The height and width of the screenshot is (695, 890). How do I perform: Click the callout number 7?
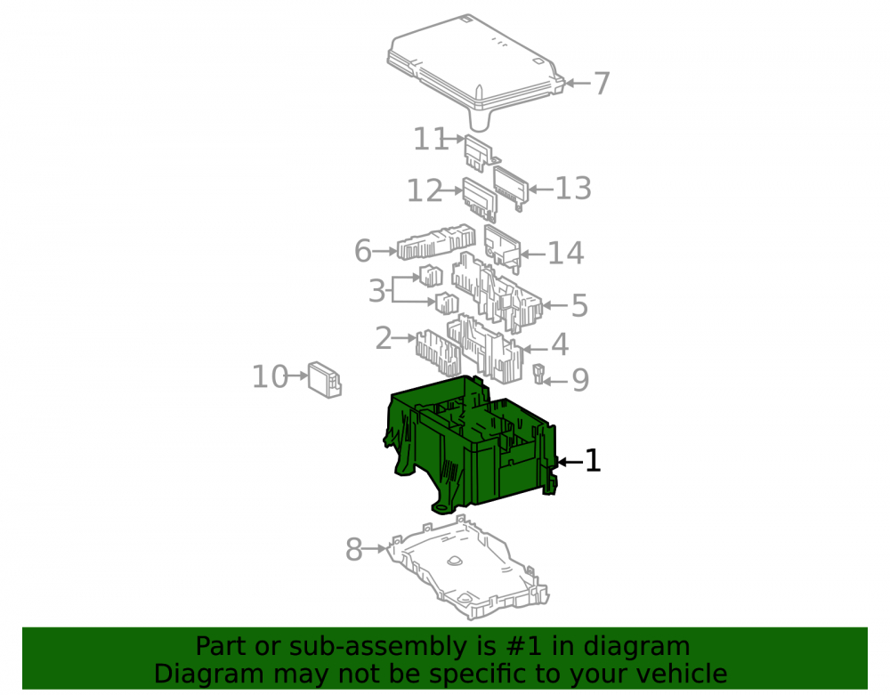tap(601, 84)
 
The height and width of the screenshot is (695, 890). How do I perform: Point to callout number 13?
tap(573, 189)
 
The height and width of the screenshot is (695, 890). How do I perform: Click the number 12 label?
tap(425, 190)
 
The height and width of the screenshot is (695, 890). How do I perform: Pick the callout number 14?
tap(565, 253)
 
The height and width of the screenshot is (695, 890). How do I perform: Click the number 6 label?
tap(363, 251)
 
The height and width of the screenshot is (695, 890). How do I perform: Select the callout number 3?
tap(376, 291)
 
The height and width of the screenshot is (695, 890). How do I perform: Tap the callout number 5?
tap(579, 306)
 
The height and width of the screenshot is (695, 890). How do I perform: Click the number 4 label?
tap(560, 344)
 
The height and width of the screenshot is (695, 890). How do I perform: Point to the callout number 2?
tap(384, 339)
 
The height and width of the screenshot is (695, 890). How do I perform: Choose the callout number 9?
tap(580, 380)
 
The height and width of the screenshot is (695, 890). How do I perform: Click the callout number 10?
tap(270, 376)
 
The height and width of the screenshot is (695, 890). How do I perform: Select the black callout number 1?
tap(593, 461)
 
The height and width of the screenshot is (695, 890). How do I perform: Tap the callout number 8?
tap(354, 550)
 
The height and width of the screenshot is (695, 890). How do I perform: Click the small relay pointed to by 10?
tap(325, 380)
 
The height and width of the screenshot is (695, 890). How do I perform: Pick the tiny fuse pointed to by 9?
tap(538, 374)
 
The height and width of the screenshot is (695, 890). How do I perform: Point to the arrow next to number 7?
tap(578, 84)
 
